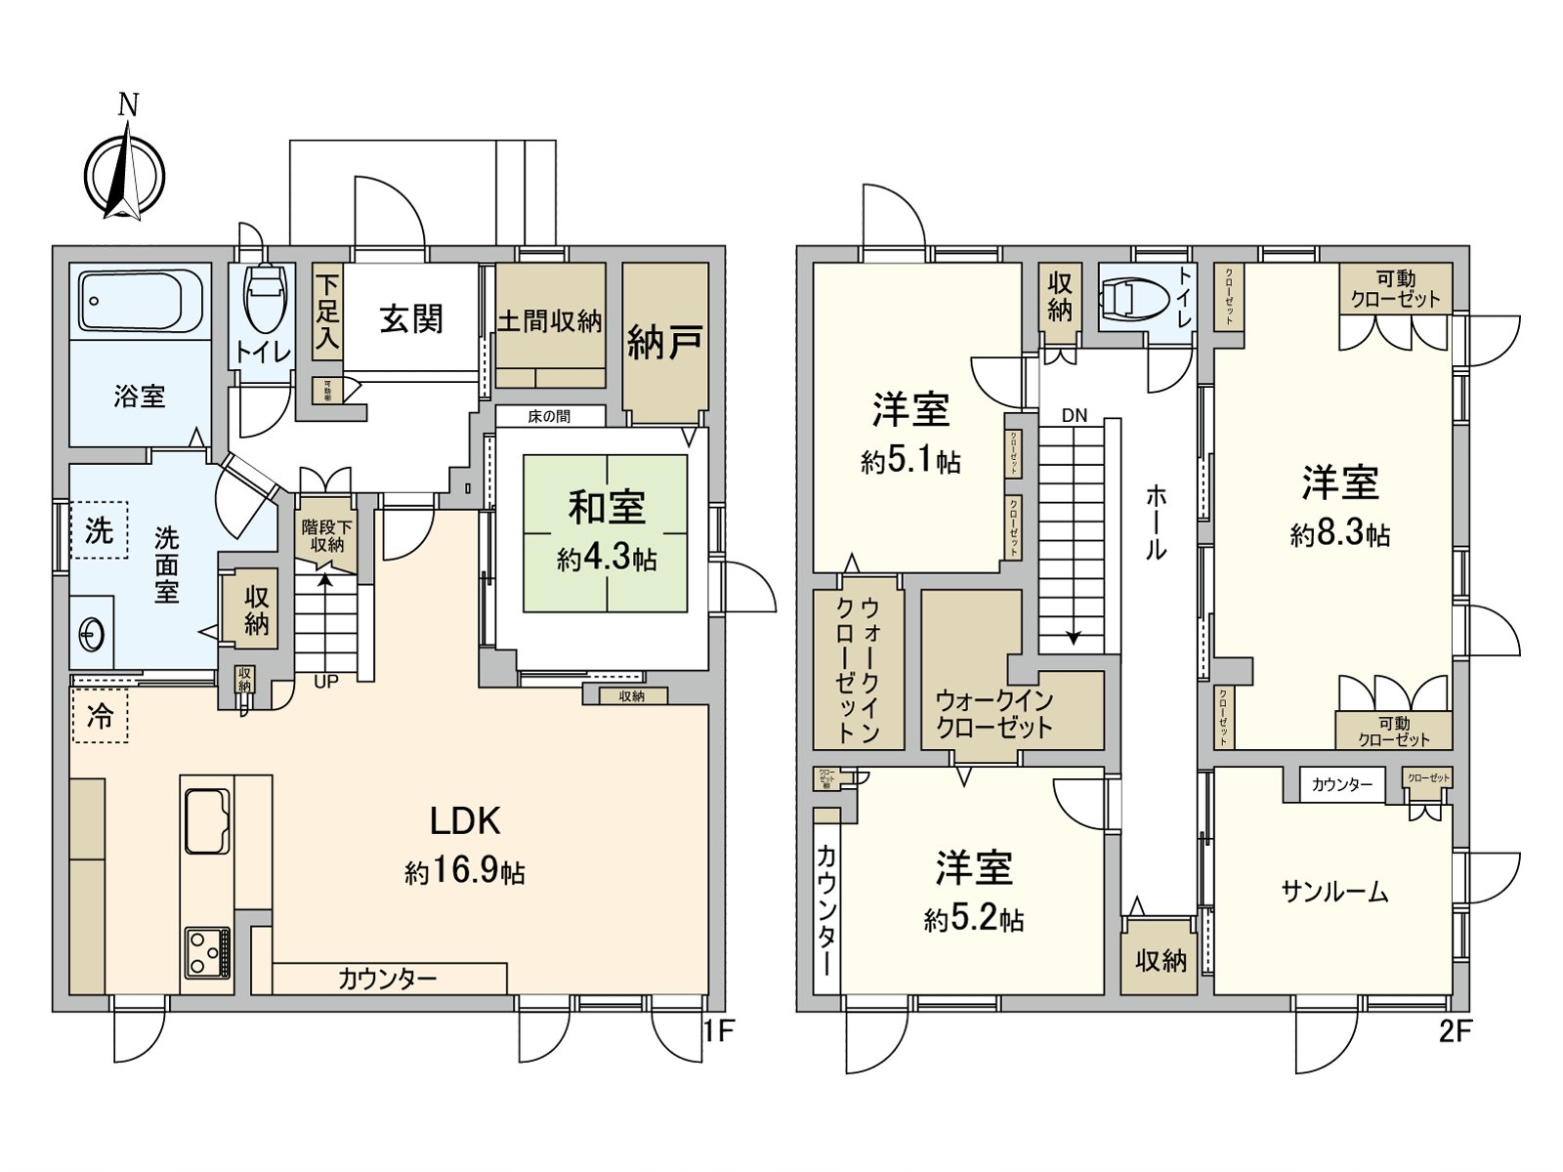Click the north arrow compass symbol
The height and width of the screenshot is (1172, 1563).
(124, 177)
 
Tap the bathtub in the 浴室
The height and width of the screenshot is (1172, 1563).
(140, 301)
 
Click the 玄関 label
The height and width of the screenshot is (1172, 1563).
(411, 319)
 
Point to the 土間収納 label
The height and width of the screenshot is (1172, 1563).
(550, 321)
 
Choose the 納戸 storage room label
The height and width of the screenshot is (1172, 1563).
(664, 342)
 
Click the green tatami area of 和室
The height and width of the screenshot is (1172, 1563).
(606, 532)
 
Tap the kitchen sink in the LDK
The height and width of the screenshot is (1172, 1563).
(205, 818)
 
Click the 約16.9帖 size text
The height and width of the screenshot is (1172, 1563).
(465, 871)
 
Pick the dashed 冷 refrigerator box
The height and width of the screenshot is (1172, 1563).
(100, 716)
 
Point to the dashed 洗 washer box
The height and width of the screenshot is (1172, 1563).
(99, 531)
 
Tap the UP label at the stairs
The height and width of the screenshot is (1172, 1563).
(326, 682)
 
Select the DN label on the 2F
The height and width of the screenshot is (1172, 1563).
(1074, 415)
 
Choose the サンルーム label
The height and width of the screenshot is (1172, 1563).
(1334, 891)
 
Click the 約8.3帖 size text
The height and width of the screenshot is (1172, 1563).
(1339, 535)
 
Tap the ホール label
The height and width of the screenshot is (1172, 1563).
(1156, 523)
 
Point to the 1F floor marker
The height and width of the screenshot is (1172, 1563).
(718, 1031)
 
